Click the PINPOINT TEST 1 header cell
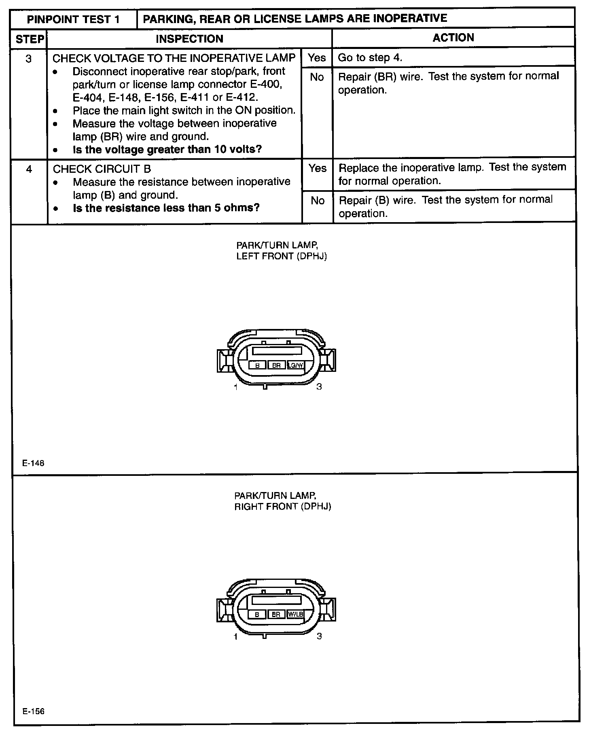[x=73, y=19]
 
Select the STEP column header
[x=30, y=39]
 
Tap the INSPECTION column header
[x=189, y=39]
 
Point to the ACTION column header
[x=453, y=38]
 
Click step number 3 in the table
[x=29, y=59]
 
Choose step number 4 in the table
[x=29, y=169]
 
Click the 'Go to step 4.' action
[x=370, y=58]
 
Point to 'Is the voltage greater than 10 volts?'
[x=167, y=150]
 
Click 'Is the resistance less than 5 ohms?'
[x=166, y=208]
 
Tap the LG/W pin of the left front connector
[x=295, y=365]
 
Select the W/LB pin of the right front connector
[x=295, y=615]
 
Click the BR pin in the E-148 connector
[x=276, y=365]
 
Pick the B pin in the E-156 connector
[x=257, y=615]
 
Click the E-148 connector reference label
[x=34, y=464]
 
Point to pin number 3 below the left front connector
[x=319, y=387]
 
